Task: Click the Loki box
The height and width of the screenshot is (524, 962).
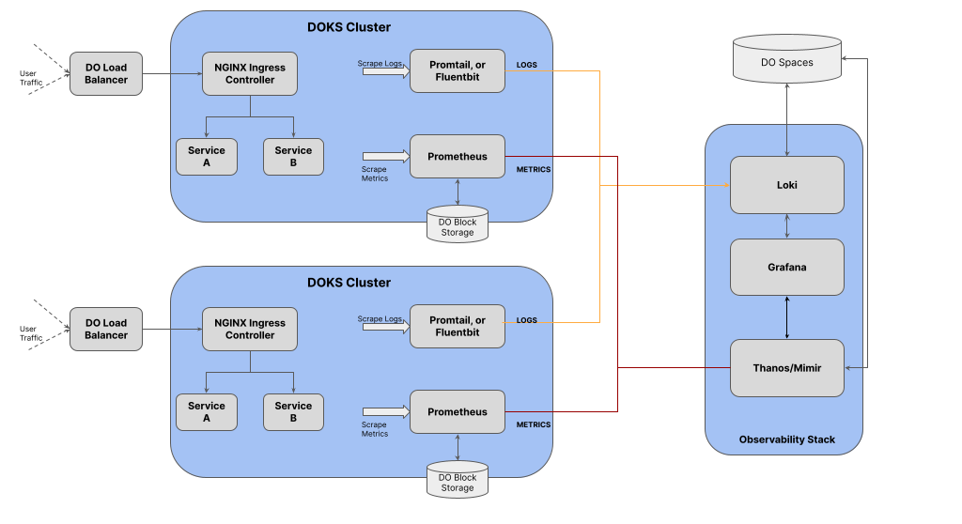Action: pyautogui.click(x=787, y=185)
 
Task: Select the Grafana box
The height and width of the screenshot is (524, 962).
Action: pyautogui.click(x=787, y=268)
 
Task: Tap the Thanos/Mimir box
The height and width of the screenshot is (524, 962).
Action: pyautogui.click(x=787, y=368)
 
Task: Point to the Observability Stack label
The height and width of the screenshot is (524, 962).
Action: pyautogui.click(x=787, y=439)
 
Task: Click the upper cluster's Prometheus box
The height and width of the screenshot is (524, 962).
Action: pyautogui.click(x=458, y=156)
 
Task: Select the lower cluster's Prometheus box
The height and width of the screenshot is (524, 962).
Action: pyautogui.click(x=458, y=411)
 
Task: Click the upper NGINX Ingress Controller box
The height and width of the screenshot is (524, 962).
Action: pyautogui.click(x=250, y=73)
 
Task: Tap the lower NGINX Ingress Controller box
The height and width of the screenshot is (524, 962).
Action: pyautogui.click(x=250, y=329)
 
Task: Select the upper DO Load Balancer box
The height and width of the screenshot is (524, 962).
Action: pyautogui.click(x=106, y=73)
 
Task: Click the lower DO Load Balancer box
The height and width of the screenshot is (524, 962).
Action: pyautogui.click(x=106, y=329)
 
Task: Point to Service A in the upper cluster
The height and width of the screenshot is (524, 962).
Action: pyautogui.click(x=207, y=156)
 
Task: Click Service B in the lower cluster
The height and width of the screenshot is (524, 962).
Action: pyautogui.click(x=293, y=411)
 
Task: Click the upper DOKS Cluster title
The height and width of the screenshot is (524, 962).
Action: pyautogui.click(x=349, y=27)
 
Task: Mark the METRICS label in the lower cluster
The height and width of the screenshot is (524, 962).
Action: pyautogui.click(x=534, y=425)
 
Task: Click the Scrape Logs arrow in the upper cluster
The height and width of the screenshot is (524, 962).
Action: pyautogui.click(x=383, y=70)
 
